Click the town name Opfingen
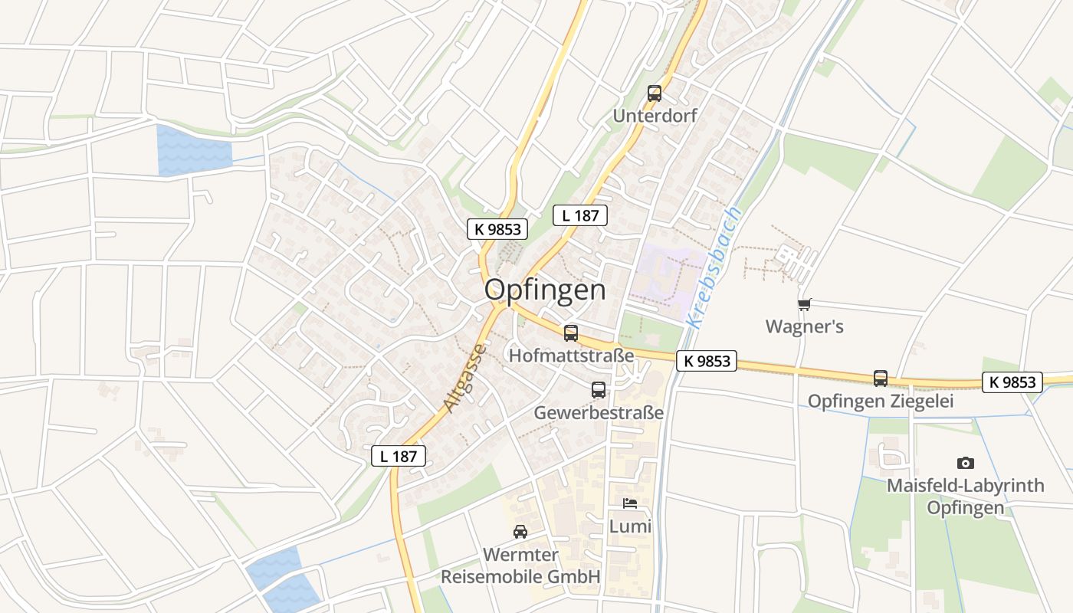(x=545, y=290)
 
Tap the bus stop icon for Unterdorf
(x=654, y=93)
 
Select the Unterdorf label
(x=654, y=116)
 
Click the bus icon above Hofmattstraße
(x=571, y=333)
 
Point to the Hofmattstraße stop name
(x=572, y=356)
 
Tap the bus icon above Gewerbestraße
(x=599, y=390)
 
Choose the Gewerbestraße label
(x=599, y=412)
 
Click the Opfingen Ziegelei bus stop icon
(x=881, y=379)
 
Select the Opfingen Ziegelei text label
(x=881, y=402)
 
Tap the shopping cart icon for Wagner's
(x=804, y=305)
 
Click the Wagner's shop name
(x=804, y=327)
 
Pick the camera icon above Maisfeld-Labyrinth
(x=966, y=463)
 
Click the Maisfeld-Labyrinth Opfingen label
(x=966, y=497)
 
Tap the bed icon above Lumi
(x=630, y=503)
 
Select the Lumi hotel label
(x=630, y=526)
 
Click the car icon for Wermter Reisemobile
(x=520, y=532)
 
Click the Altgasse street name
(x=464, y=379)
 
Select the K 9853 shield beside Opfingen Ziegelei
(x=1012, y=382)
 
